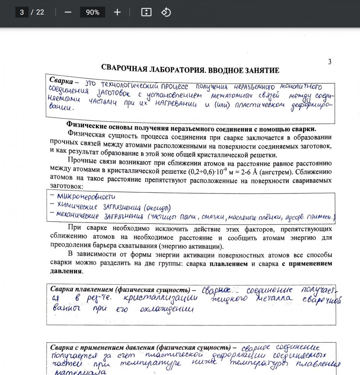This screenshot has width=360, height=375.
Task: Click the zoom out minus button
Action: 68,12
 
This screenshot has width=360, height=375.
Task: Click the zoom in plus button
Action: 117,12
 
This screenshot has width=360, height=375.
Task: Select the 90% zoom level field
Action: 92,12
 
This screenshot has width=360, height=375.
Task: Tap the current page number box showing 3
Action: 22,12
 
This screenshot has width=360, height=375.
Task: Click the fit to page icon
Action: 146,12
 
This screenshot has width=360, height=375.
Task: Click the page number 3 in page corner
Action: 330,62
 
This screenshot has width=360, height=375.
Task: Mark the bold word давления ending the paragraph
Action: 65,271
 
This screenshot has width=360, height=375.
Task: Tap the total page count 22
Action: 40,12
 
